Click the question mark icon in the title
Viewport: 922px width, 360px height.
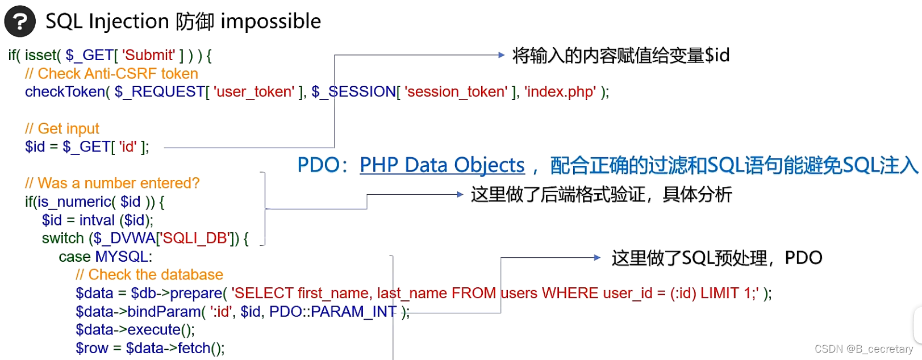(x=20, y=22)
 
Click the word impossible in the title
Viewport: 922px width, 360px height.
(x=270, y=22)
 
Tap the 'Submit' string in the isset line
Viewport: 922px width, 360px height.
(x=148, y=55)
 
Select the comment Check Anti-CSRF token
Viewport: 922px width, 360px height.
(x=111, y=74)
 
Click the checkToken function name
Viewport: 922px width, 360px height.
(x=65, y=92)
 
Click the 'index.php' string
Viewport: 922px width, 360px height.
(x=561, y=92)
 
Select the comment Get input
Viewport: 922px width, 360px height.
(x=62, y=129)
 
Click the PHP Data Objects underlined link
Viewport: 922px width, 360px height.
(x=442, y=165)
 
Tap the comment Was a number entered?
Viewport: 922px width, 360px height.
(x=112, y=183)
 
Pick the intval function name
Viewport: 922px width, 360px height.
(x=97, y=220)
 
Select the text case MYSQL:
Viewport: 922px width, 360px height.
(x=106, y=257)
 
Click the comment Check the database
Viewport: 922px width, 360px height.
(x=149, y=275)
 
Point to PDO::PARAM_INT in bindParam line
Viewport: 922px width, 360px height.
(x=333, y=312)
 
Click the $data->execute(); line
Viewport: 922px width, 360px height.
(x=135, y=330)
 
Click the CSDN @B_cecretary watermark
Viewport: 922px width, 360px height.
(x=863, y=349)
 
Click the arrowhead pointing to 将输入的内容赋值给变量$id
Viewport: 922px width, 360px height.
(x=500, y=55)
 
